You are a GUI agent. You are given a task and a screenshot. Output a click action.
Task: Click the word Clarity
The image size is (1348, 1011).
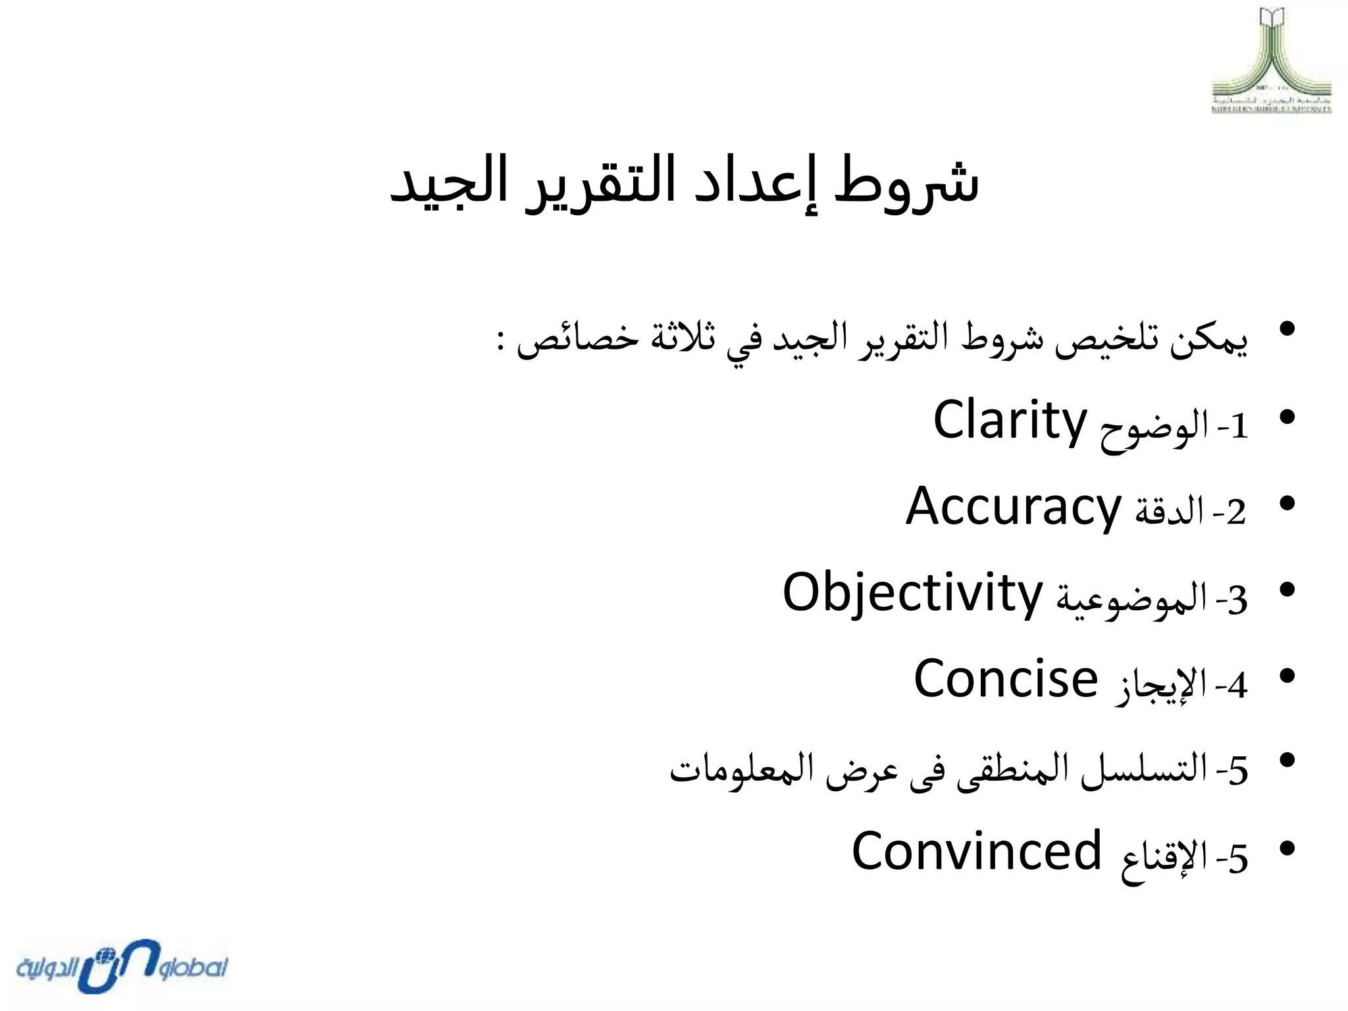point(1010,422)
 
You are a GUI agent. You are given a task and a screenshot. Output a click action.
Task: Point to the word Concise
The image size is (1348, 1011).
point(1006,679)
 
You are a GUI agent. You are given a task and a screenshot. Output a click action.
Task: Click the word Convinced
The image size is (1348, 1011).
point(976,851)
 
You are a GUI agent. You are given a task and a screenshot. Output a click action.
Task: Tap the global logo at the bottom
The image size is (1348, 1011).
point(122,966)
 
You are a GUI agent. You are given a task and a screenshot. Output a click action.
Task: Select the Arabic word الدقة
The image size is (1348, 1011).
point(1169,513)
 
